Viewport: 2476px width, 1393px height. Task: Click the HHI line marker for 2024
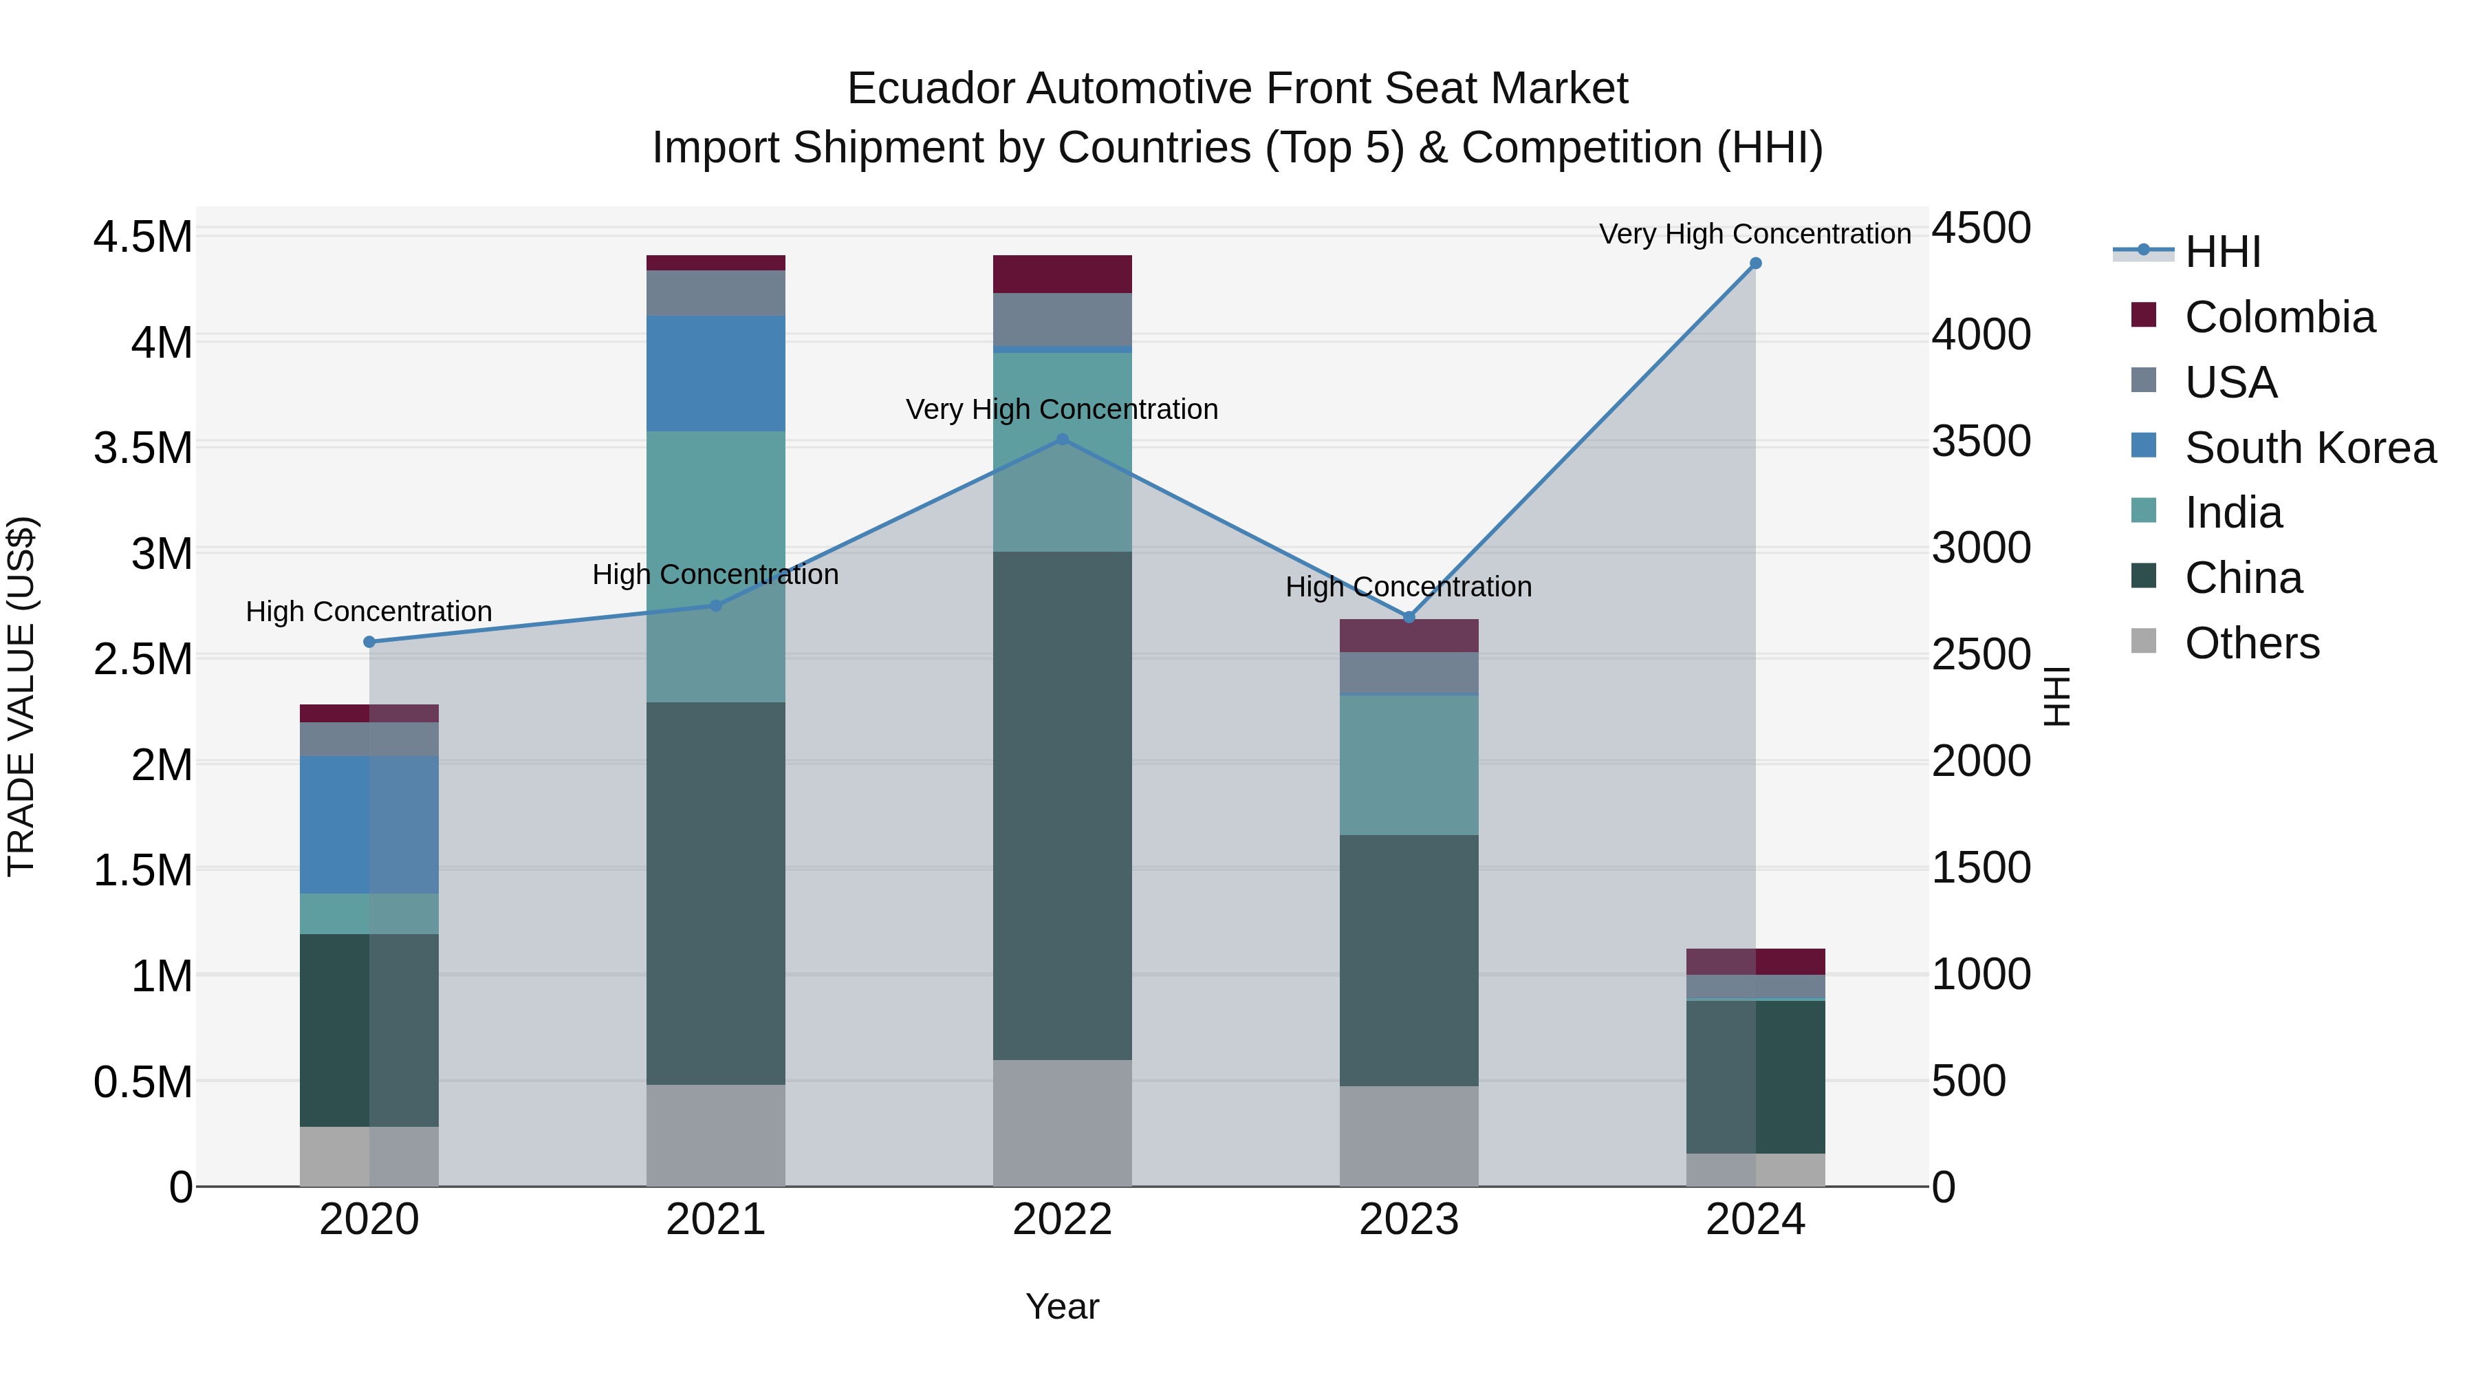click(x=1755, y=263)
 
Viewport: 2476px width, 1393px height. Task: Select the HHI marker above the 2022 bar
click(x=1062, y=440)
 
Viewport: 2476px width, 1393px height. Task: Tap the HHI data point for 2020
click(x=369, y=641)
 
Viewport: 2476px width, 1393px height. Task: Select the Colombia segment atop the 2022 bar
click(x=1062, y=274)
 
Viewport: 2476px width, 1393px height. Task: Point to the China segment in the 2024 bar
click(x=1755, y=1077)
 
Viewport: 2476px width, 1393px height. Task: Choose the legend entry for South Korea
click(x=2310, y=448)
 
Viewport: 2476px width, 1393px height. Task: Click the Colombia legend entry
click(x=2279, y=317)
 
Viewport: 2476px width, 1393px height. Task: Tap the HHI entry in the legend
click(x=2222, y=252)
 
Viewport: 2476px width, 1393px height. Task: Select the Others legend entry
click(x=2251, y=643)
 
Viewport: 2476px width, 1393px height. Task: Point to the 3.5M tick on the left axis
click(x=143, y=448)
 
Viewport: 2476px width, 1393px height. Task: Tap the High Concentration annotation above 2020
click(x=369, y=612)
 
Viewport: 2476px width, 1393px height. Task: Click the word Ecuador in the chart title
click(x=929, y=89)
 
